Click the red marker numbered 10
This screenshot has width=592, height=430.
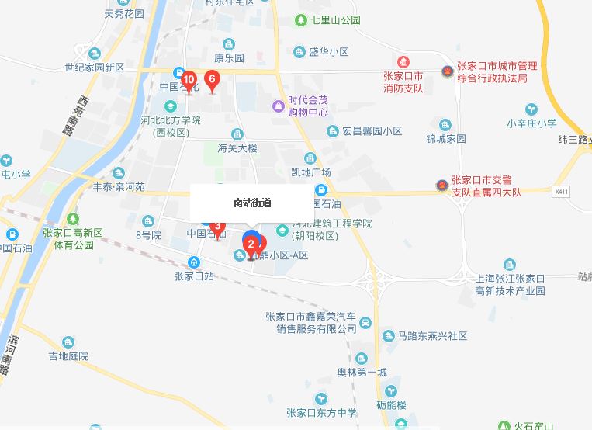[x=189, y=79]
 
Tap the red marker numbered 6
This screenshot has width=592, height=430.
[x=211, y=78]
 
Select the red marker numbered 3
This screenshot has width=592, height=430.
[x=218, y=227]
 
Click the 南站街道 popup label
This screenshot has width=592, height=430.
[x=252, y=203]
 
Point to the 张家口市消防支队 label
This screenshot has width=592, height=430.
[x=403, y=81]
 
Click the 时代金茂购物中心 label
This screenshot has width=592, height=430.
[x=308, y=106]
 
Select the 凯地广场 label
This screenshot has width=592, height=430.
[x=311, y=172]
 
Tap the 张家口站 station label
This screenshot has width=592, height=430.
[x=194, y=276]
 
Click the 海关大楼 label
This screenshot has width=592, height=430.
[x=237, y=148]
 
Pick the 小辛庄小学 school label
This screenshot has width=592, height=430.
[x=532, y=123]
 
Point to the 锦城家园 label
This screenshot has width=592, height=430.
[x=446, y=139]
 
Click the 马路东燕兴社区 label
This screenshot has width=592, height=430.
[x=432, y=336]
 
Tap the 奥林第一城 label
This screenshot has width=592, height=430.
[x=362, y=373]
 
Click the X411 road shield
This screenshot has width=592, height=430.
[x=562, y=191]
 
